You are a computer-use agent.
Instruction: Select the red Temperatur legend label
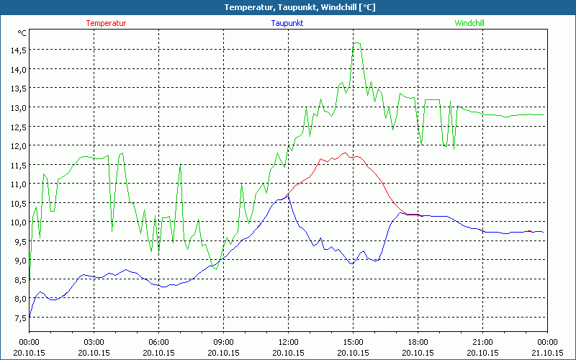coord(106,23)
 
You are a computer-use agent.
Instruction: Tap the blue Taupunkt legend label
coord(287,23)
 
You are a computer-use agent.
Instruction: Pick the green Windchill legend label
coord(469,23)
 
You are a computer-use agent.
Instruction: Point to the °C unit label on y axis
coord(22,33)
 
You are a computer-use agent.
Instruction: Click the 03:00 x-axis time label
coord(94,342)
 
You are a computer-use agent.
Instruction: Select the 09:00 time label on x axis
coord(223,342)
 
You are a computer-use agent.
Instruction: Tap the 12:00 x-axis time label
coord(288,342)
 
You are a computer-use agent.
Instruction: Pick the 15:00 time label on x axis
coord(353,342)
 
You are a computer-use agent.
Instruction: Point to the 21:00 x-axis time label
coord(482,342)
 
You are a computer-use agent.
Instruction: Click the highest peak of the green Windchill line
coord(356,42)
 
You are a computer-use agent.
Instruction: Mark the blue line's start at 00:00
coord(30,316)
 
